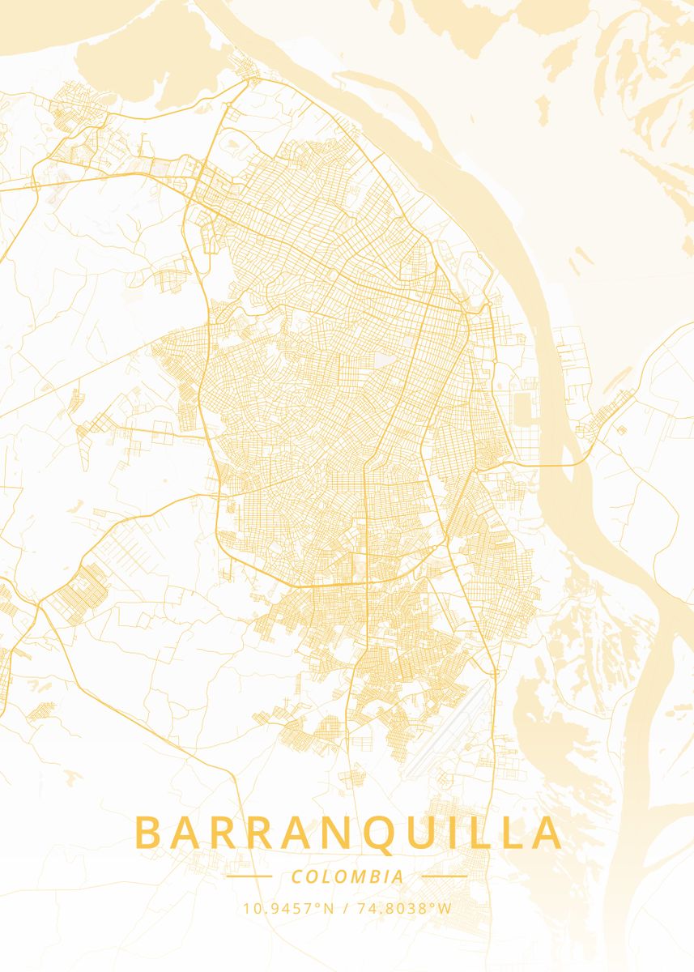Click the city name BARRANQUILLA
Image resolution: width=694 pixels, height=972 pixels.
(x=347, y=833)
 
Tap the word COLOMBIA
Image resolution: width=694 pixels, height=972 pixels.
(x=347, y=876)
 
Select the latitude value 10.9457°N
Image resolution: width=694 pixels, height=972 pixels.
(x=288, y=908)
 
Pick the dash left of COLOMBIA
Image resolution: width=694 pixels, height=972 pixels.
(x=249, y=876)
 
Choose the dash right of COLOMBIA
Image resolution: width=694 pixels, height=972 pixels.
(x=445, y=876)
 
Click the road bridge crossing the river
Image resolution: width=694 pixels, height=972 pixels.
(x=567, y=465)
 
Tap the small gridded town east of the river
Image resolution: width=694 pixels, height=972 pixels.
(x=603, y=413)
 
